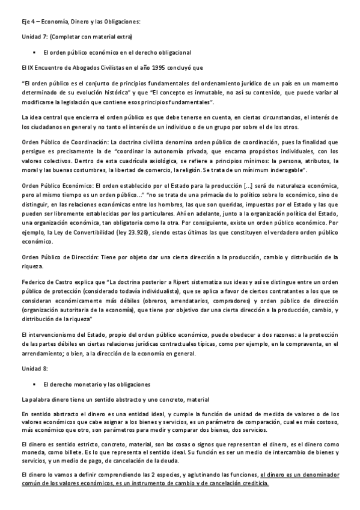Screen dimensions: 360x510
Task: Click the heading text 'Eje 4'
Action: tap(27, 22)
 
